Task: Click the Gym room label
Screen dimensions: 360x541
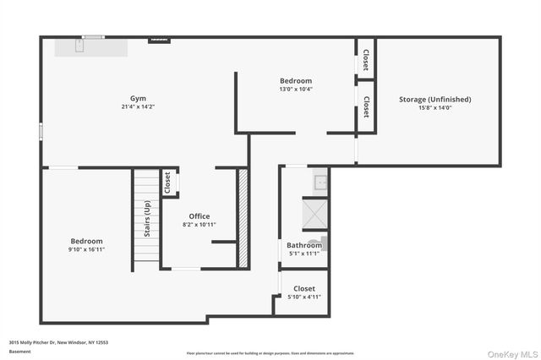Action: click(x=137, y=98)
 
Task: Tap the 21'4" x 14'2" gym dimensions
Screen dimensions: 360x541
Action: click(x=137, y=106)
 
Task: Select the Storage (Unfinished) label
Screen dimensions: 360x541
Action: click(x=434, y=100)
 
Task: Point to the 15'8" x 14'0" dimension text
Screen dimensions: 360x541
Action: click(x=434, y=108)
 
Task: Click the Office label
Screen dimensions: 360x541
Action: click(x=199, y=216)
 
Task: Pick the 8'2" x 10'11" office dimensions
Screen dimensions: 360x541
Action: click(x=199, y=225)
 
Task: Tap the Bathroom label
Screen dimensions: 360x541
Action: click(x=303, y=245)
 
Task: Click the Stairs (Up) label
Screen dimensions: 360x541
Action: click(x=147, y=218)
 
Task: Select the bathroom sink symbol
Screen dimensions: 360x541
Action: click(x=320, y=181)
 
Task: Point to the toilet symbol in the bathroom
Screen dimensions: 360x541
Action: click(x=315, y=244)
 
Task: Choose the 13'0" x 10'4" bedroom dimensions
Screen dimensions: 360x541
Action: click(x=296, y=89)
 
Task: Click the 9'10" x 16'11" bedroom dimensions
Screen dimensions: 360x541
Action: click(x=87, y=249)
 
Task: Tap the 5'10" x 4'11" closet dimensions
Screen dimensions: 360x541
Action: click(x=303, y=296)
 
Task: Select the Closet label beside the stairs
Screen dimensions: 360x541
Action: click(x=167, y=183)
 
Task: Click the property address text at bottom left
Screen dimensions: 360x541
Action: click(x=58, y=342)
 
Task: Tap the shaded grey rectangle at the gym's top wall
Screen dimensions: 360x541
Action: click(x=91, y=46)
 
